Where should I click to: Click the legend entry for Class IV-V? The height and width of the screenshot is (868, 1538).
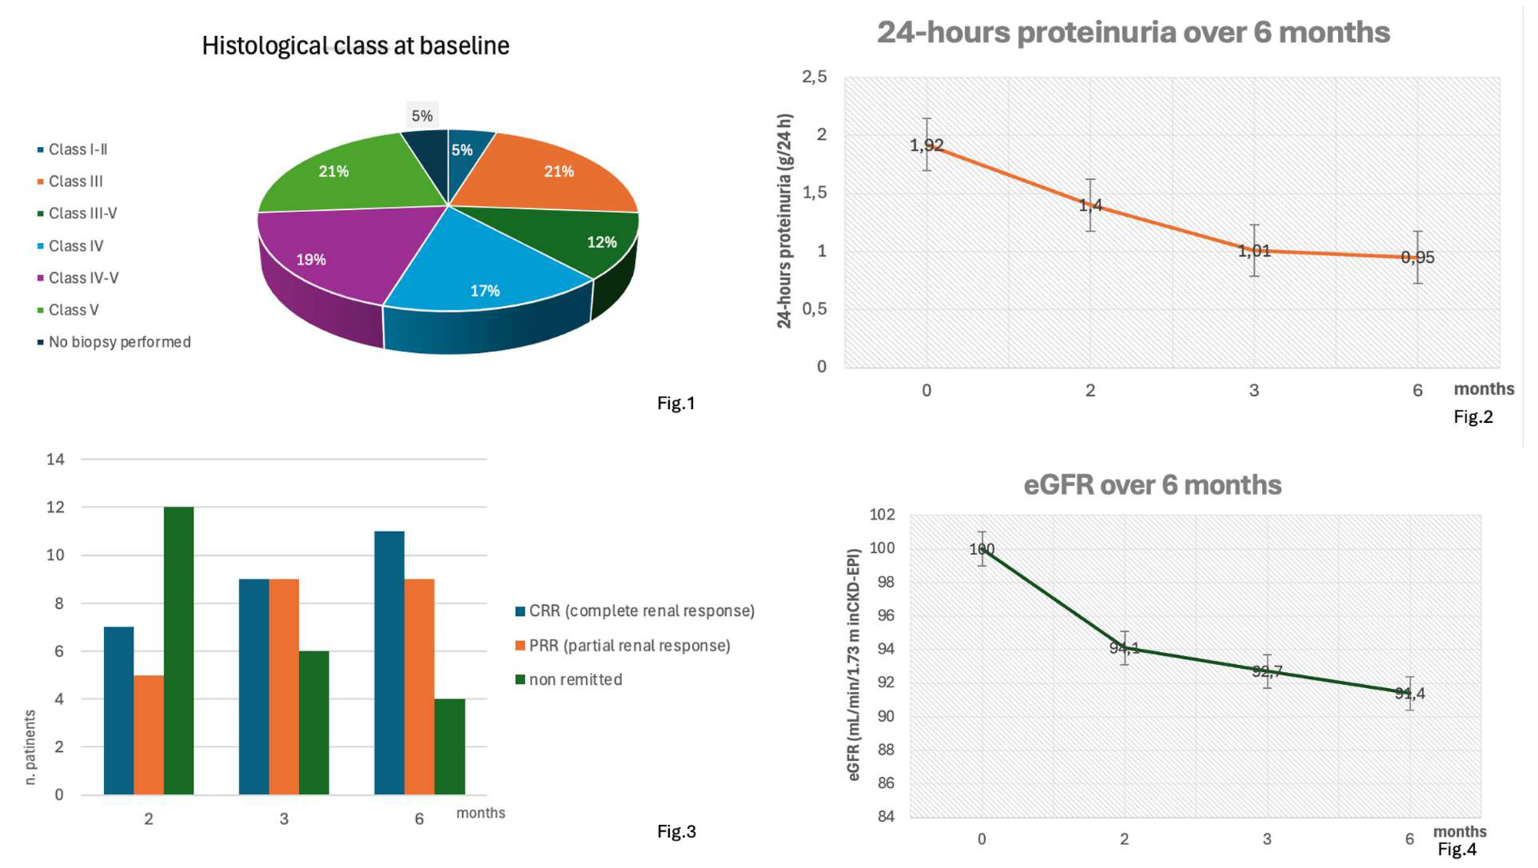pyautogui.click(x=83, y=278)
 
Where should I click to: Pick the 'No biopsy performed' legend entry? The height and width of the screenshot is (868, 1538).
pyautogui.click(x=119, y=342)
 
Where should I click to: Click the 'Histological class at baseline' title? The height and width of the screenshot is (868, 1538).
pyautogui.click(x=355, y=46)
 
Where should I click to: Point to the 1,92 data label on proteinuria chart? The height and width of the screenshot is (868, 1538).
pyautogui.click(x=927, y=145)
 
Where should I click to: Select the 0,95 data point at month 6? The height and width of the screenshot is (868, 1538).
pyautogui.click(x=1417, y=258)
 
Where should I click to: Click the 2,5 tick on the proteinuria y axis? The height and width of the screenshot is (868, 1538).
pyautogui.click(x=814, y=77)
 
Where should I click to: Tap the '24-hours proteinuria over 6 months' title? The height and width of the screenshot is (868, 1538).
pyautogui.click(x=1133, y=32)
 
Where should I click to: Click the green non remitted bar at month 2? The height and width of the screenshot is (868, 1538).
pyautogui.click(x=178, y=650)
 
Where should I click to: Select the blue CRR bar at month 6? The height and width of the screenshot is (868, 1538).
pyautogui.click(x=389, y=663)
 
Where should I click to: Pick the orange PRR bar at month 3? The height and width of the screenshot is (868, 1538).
pyautogui.click(x=284, y=687)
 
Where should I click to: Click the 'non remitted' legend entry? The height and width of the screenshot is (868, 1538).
pyautogui.click(x=575, y=680)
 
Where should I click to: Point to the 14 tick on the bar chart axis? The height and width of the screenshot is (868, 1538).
pyautogui.click(x=55, y=460)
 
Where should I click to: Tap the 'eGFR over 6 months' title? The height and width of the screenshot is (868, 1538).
pyautogui.click(x=1152, y=485)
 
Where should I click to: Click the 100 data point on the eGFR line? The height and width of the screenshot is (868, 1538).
pyautogui.click(x=982, y=549)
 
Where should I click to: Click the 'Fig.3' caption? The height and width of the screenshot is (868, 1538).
pyautogui.click(x=676, y=832)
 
